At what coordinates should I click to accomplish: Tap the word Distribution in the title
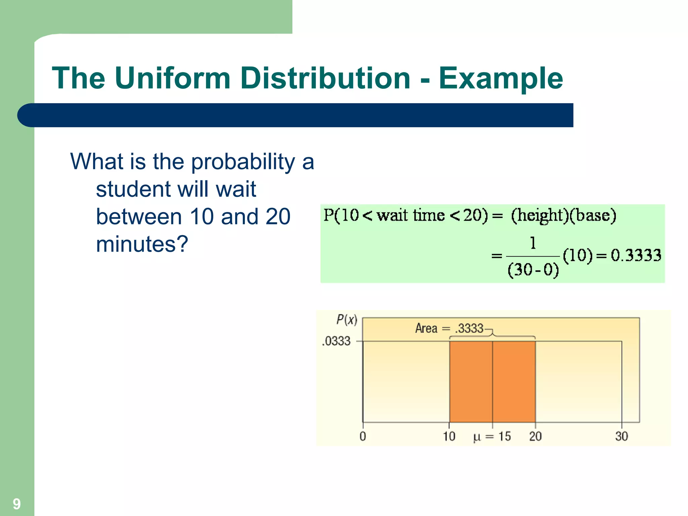(325, 78)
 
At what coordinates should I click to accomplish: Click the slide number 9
(16, 504)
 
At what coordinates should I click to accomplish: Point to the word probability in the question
(243, 162)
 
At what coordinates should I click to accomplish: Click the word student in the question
(133, 189)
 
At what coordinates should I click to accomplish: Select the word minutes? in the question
(142, 244)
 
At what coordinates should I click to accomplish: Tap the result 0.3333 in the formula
(636, 255)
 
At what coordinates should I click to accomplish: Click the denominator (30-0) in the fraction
(533, 270)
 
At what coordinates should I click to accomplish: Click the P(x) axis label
(346, 319)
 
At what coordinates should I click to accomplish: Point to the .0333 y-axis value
(336, 341)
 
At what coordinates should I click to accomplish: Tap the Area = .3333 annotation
(449, 328)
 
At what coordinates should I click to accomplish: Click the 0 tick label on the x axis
(362, 436)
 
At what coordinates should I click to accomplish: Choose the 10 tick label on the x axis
(449, 436)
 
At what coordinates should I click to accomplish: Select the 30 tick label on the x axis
(621, 436)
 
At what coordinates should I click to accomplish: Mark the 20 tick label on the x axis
(535, 436)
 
